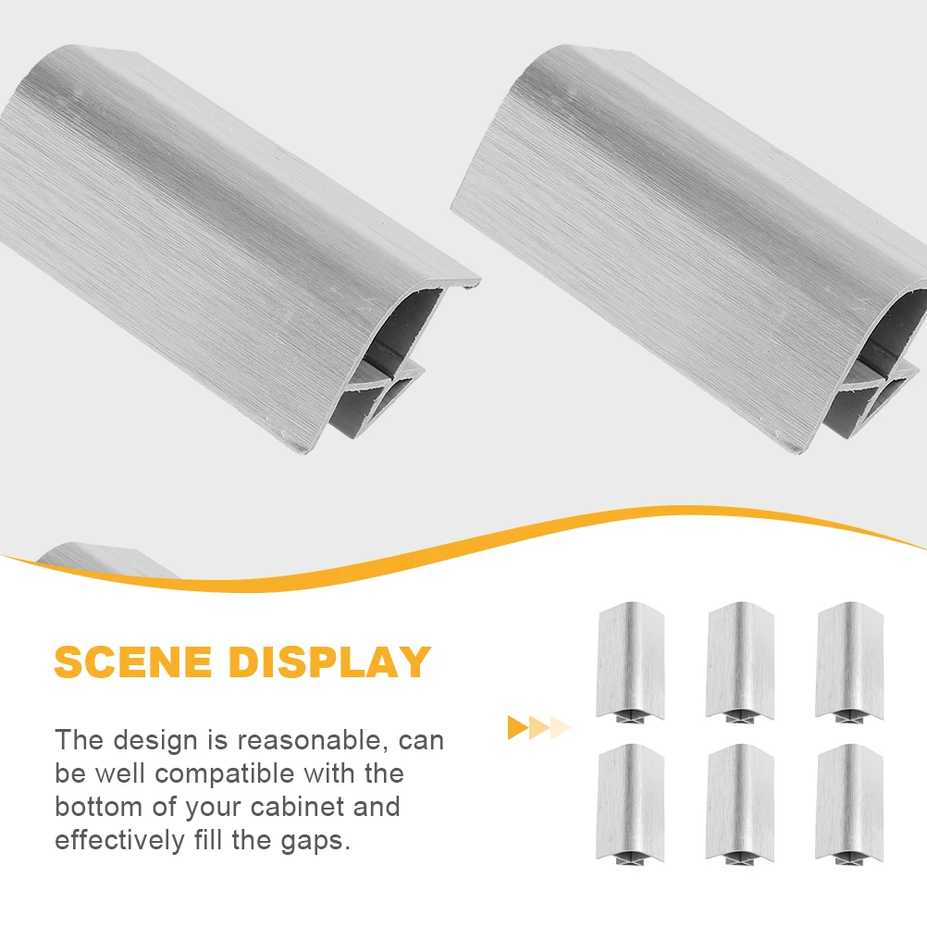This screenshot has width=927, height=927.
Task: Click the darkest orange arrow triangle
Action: pyautogui.click(x=517, y=728)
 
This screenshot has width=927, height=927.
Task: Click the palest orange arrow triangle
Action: pyautogui.click(x=561, y=728)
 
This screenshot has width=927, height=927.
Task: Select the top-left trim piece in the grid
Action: pyautogui.click(x=630, y=661)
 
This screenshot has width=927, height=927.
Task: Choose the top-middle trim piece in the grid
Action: pyautogui.click(x=740, y=661)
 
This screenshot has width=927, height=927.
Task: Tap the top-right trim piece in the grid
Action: pyautogui.click(x=849, y=661)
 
